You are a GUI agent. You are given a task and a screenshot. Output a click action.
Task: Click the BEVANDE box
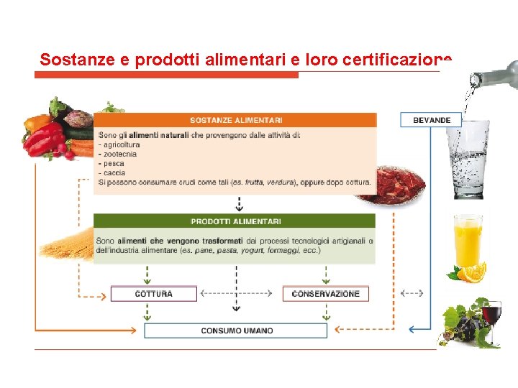[432, 120]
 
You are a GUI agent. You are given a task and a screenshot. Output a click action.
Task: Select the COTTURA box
[153, 294]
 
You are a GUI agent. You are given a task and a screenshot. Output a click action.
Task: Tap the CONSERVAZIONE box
[325, 294]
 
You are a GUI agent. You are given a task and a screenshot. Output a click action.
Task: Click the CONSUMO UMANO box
[236, 331]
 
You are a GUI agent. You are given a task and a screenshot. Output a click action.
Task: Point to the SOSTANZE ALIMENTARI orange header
[236, 120]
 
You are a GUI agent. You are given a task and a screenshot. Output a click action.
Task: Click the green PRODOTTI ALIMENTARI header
[236, 221]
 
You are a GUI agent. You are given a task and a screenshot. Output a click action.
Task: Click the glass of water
[467, 158]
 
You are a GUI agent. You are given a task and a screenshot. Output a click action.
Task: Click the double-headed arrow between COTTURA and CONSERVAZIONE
[236, 293]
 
